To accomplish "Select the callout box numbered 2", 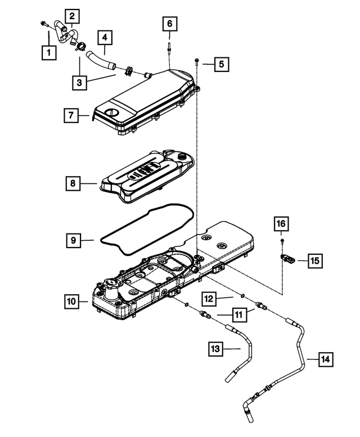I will pyautogui.click(x=73, y=16).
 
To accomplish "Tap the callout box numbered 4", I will pyautogui.click(x=105, y=38).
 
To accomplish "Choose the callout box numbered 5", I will pyautogui.click(x=220, y=64).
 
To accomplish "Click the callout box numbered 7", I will pyautogui.click(x=71, y=116).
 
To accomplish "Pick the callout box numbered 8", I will pyautogui.click(x=73, y=183).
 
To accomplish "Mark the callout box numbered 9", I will pyautogui.click(x=73, y=240).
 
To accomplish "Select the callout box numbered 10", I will pyautogui.click(x=71, y=302).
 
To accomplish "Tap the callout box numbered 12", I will pyautogui.click(x=209, y=297).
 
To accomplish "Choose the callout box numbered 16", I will pyautogui.click(x=281, y=224).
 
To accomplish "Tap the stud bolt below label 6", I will pyautogui.click(x=169, y=47).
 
